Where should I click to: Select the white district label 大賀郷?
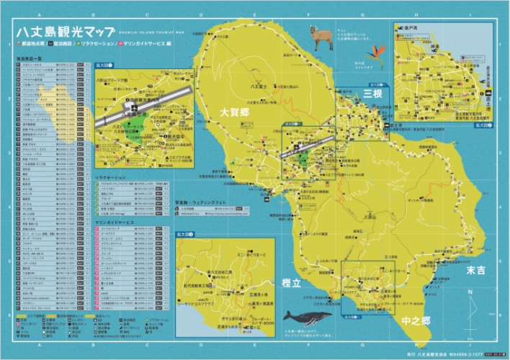pos(233,113)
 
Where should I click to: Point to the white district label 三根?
pos(372,94)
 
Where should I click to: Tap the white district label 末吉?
pos(476,271)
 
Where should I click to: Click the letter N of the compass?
pos(470,292)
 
